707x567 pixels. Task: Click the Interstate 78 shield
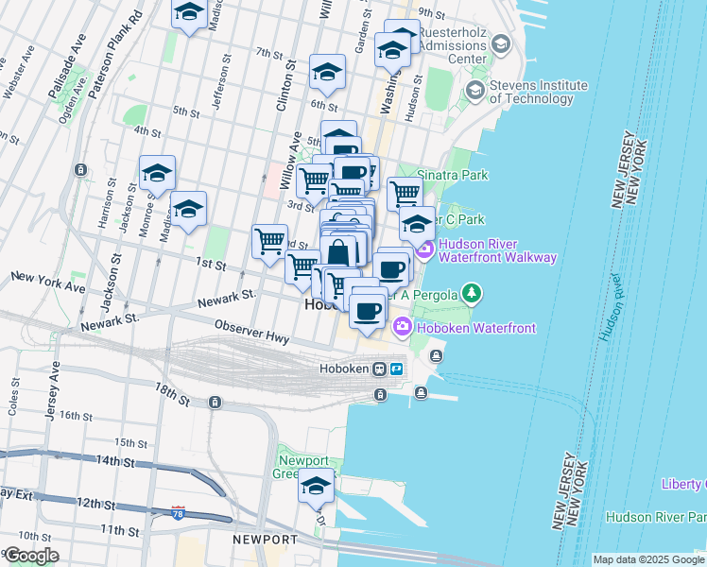pos(179,512)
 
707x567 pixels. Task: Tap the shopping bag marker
pos(338,252)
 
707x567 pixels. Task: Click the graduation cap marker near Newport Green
pos(317,487)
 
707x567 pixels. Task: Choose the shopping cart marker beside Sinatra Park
pos(405,193)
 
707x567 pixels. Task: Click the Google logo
pos(31,556)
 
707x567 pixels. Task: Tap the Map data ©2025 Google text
pos(648,559)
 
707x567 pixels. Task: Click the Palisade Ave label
pos(65,66)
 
